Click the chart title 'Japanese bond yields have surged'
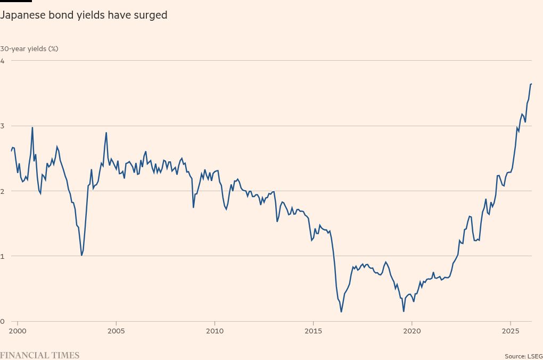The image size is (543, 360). point(84,15)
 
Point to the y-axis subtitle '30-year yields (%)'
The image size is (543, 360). point(29,48)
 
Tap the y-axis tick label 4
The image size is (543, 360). point(2,61)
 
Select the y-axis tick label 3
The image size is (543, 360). point(2,126)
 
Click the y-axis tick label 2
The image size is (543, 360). point(2,191)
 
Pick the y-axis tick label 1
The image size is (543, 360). point(2,256)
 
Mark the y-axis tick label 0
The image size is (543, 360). point(2,321)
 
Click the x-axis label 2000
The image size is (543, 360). point(18,331)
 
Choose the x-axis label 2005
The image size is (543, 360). point(116,331)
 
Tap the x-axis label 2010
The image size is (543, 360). point(215,331)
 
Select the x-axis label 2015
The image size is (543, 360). point(313,331)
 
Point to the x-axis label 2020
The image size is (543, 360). point(412,331)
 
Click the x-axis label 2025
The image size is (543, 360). point(511,331)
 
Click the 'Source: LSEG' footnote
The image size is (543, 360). point(523,356)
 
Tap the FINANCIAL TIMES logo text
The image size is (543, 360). point(39,355)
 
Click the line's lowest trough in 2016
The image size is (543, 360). point(341,312)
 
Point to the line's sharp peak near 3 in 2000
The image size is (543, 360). point(32,127)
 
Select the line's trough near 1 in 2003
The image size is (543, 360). point(81,256)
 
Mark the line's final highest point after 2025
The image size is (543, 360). point(531,84)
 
